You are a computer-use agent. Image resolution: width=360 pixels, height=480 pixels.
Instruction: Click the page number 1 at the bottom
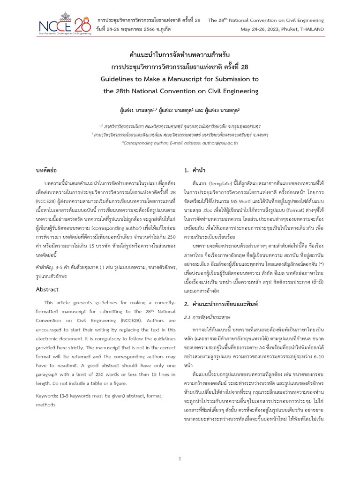[180, 459]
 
